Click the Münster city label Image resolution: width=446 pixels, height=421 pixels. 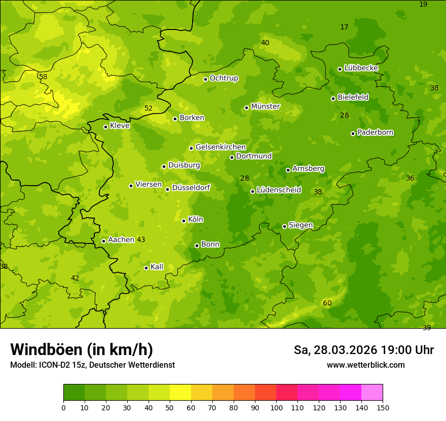[265, 107]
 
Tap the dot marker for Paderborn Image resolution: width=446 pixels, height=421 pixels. [353, 133]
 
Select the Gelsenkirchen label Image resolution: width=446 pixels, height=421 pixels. [220, 147]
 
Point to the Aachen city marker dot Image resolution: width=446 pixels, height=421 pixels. [104, 241]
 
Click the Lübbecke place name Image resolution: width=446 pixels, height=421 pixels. [361, 68]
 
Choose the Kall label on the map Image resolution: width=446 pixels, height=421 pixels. [157, 267]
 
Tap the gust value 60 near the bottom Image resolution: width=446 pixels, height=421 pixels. [327, 303]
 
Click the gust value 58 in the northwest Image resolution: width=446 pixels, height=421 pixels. [43, 77]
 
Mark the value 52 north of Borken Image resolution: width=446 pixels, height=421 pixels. [148, 108]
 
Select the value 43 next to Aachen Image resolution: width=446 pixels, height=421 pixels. [141, 239]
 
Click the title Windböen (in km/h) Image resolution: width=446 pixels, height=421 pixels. [82, 349]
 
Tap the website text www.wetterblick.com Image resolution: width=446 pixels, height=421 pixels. [366, 365]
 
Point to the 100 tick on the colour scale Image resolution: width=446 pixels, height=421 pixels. [276, 407]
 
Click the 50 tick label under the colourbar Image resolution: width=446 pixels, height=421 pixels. [170, 407]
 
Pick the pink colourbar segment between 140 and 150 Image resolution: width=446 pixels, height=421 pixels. [372, 393]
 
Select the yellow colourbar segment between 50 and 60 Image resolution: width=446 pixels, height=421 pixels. [180, 393]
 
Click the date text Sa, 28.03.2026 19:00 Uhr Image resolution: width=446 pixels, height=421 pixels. [364, 350]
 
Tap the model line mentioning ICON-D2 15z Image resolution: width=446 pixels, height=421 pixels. [92, 365]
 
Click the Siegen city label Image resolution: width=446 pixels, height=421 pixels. [301, 225]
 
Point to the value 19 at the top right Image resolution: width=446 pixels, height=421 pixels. [423, 4]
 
